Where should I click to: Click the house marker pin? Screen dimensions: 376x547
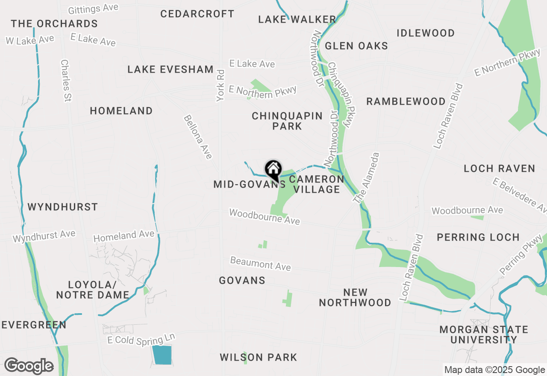(273, 170)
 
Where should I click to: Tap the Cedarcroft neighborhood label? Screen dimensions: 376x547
(197, 14)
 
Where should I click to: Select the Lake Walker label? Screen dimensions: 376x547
(297, 19)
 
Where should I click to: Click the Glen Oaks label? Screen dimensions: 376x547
(356, 46)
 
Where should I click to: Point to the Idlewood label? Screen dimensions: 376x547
(426, 33)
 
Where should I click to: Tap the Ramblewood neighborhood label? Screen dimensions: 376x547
(406, 101)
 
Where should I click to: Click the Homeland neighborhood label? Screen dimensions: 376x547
(121, 111)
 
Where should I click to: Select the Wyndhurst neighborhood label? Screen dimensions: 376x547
(63, 207)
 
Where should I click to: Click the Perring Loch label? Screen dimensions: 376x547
(478, 237)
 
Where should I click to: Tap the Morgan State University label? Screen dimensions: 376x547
(484, 335)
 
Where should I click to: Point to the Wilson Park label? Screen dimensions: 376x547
(258, 357)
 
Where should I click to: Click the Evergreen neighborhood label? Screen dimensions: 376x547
(34, 325)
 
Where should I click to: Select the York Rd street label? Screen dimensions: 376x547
(221, 85)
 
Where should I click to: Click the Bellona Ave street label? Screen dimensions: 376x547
(198, 137)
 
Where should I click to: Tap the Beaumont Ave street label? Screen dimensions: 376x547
(260, 264)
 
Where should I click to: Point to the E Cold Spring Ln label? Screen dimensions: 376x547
(141, 340)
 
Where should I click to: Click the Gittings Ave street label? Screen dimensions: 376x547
(93, 9)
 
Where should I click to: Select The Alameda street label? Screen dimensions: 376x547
(365, 177)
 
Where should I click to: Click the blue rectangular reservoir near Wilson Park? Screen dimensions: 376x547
(162, 355)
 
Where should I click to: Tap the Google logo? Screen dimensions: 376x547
(29, 366)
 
